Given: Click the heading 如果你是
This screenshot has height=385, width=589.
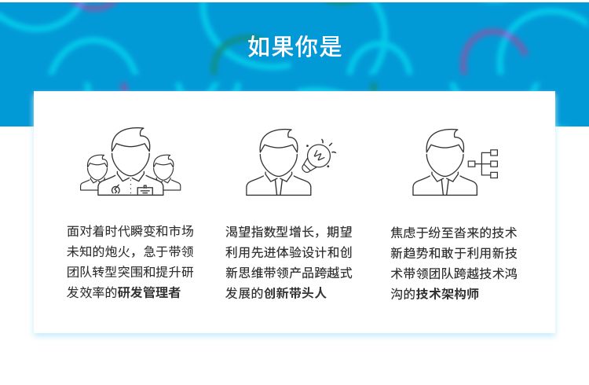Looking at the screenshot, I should coord(294,46).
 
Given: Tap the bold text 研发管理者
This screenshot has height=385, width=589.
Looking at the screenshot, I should coord(149,293).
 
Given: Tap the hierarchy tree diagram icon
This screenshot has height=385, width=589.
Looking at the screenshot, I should coord(484,163).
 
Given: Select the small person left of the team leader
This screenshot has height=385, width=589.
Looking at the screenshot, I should coord(97,174).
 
